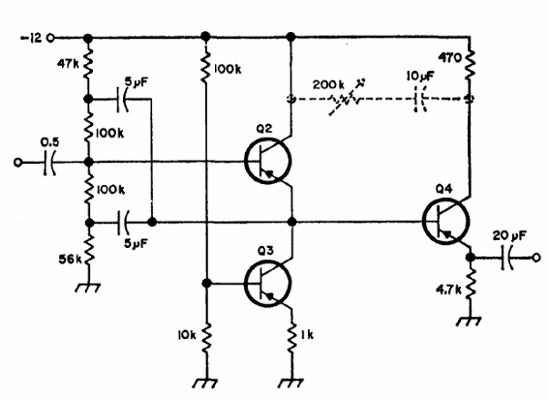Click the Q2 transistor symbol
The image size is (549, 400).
(268, 161)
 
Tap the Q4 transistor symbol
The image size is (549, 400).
(446, 221)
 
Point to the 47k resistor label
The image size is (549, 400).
(68, 63)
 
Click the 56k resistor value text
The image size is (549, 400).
(70, 260)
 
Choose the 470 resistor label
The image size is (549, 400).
(450, 58)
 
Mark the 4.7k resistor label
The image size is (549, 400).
(448, 290)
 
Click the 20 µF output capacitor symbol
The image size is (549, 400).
(506, 258)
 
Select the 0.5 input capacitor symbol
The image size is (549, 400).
(49, 163)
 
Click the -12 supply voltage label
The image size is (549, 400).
(31, 38)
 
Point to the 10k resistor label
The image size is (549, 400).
(187, 335)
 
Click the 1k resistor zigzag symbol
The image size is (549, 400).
(291, 336)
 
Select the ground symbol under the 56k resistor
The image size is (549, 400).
(88, 288)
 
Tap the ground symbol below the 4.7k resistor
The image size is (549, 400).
(469, 322)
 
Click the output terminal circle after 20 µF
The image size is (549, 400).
(536, 258)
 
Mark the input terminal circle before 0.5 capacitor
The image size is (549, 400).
(17, 163)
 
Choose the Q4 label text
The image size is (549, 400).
(444, 189)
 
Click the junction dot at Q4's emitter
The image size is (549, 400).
(471, 258)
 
